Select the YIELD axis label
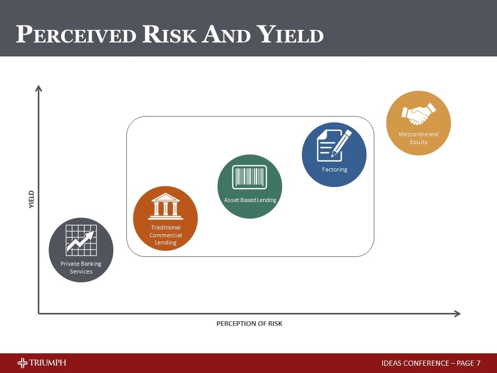31,199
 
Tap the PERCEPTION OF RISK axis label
249,324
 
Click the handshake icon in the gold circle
419,114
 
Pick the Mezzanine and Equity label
418,138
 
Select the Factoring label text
334,169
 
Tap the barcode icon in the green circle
250,177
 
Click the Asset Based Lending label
250,200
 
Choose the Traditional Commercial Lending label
166,235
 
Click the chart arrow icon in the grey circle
81,241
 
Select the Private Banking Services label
81,268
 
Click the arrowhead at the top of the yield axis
38,89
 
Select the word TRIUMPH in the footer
48,363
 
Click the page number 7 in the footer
478,364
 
